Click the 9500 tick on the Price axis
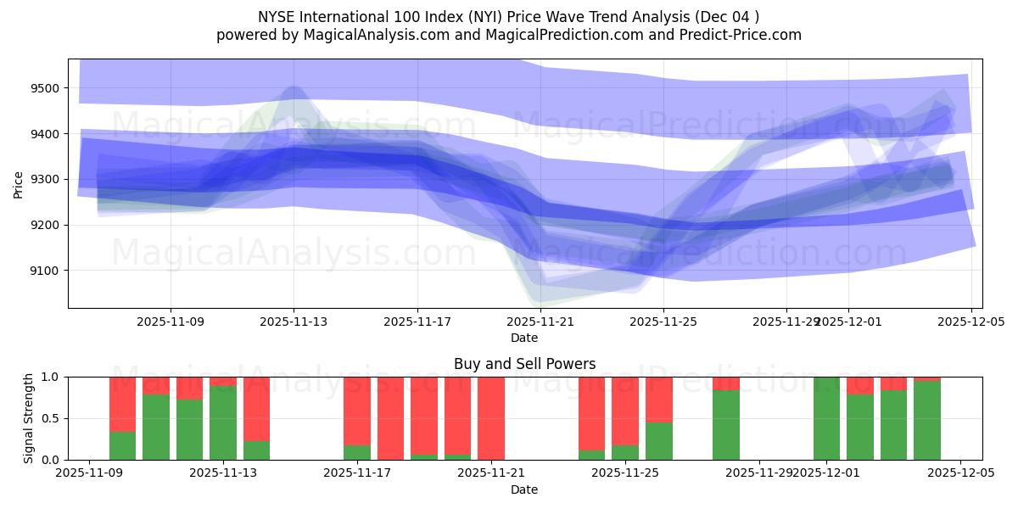coord(44,88)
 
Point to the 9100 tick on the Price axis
coord(44,271)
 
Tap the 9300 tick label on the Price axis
coord(44,179)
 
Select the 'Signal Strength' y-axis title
coord(28,418)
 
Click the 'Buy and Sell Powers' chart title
coord(524,364)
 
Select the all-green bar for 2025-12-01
coord(826,418)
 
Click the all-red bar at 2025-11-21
coord(491,418)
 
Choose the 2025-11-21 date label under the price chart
coord(540,322)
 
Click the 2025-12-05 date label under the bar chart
coord(959,473)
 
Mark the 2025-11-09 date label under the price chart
coord(171,322)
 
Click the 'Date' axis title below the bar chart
coord(524,489)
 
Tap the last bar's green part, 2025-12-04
coord(926,421)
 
